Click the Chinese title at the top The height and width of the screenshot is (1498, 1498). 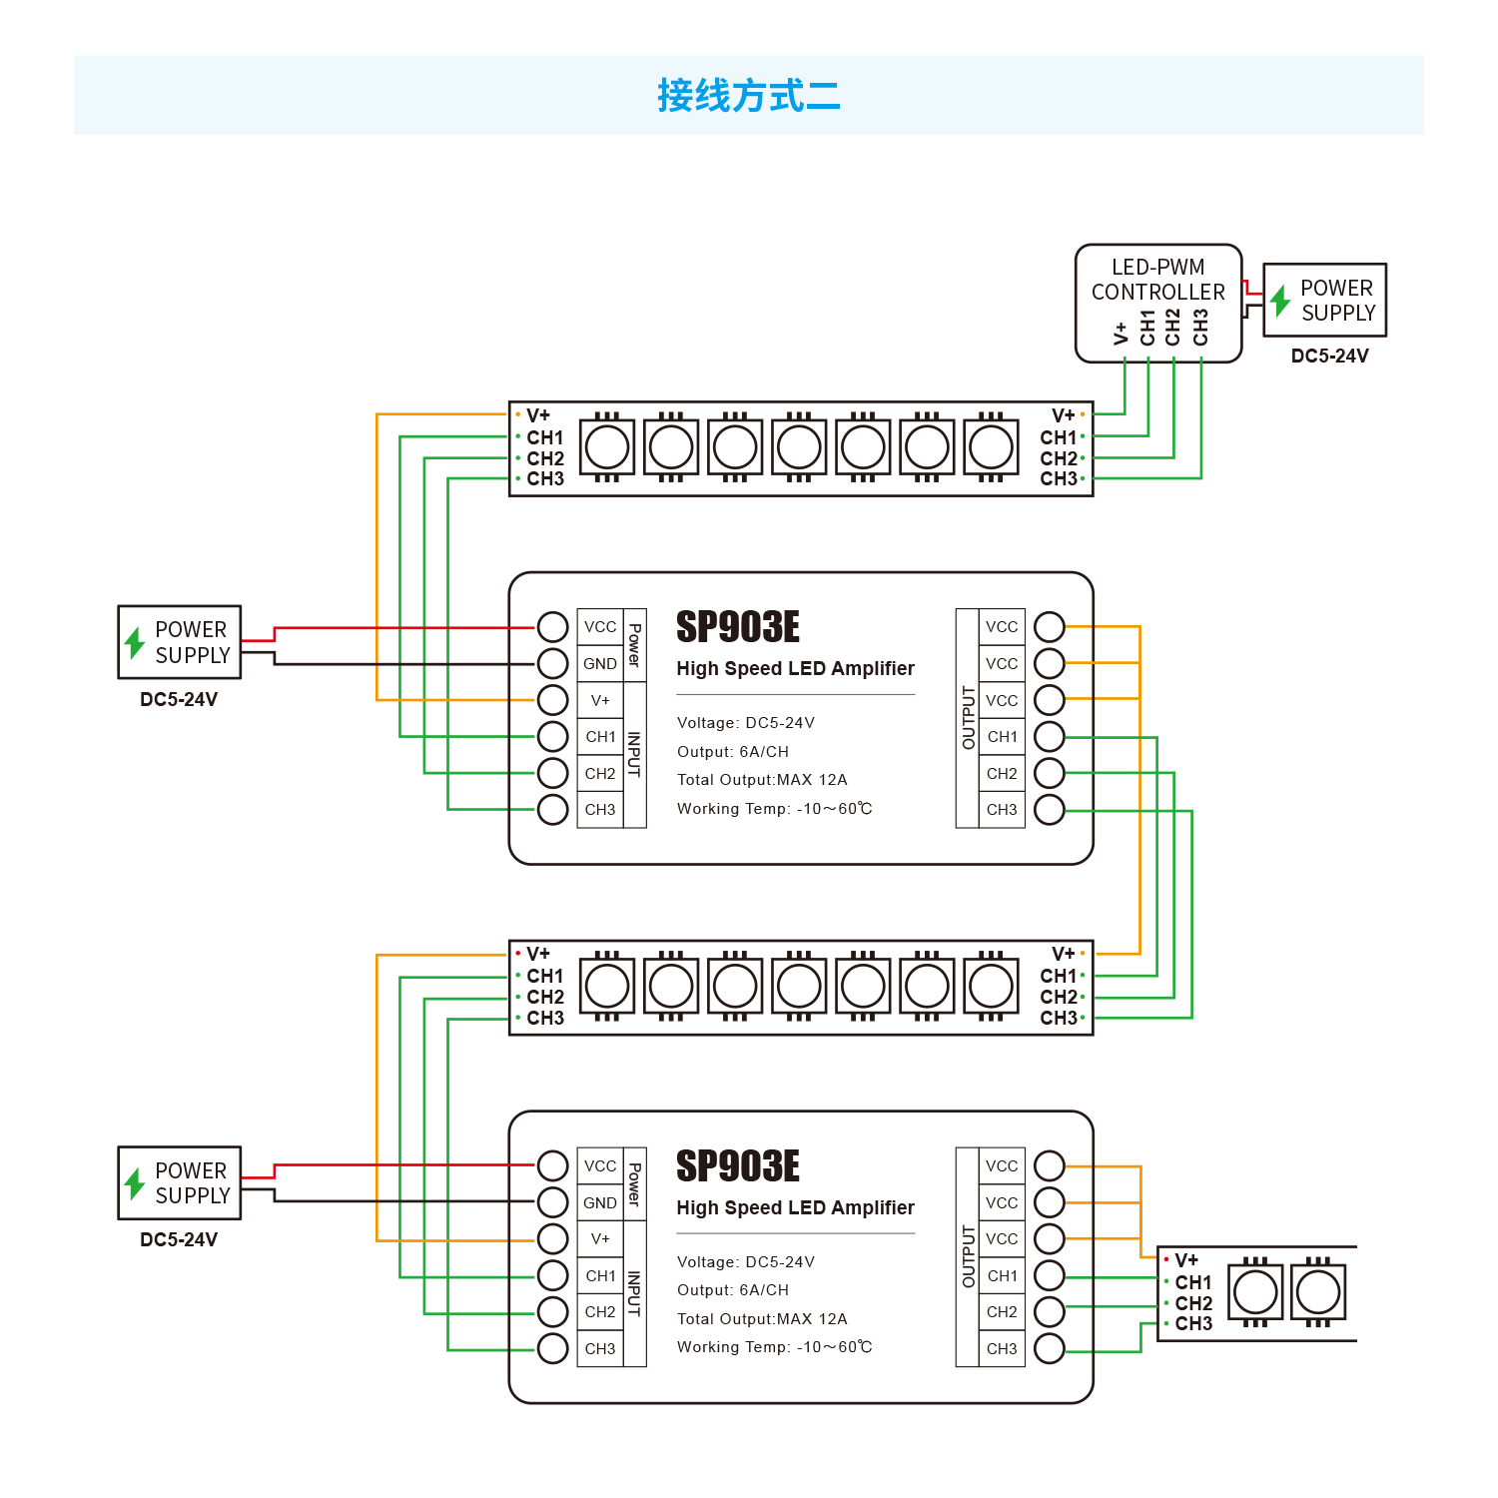click(x=748, y=96)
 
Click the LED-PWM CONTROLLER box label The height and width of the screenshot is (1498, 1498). click(x=1157, y=280)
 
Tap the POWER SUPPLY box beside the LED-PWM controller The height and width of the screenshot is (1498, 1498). click(x=1325, y=300)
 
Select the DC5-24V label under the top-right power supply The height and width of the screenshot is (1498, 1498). click(x=1329, y=357)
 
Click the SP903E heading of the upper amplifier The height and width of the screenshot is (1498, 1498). click(x=738, y=627)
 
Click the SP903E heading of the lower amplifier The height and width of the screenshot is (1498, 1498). click(x=738, y=1166)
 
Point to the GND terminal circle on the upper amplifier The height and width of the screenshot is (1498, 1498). click(x=552, y=663)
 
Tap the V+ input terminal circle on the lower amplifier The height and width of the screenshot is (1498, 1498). click(x=552, y=1238)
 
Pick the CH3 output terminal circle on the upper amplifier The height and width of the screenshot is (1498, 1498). click(x=1050, y=809)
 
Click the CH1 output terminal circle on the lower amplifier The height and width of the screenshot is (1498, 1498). click(x=1050, y=1275)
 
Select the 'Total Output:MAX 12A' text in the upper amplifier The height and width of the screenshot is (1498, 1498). click(x=762, y=780)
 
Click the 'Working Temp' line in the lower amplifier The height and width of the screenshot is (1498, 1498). click(x=774, y=1347)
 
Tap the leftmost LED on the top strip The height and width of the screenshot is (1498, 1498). click(x=607, y=446)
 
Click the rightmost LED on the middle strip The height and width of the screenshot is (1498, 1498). click(x=991, y=987)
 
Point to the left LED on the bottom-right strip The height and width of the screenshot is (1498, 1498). click(x=1255, y=1292)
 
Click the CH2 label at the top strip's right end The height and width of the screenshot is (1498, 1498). click(x=1059, y=458)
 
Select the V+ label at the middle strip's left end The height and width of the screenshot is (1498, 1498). click(x=538, y=954)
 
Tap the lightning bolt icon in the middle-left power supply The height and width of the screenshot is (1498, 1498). click(x=135, y=642)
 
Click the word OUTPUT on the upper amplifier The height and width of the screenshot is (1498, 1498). click(x=968, y=717)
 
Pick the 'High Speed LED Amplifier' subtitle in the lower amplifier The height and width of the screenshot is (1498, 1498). click(x=795, y=1207)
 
